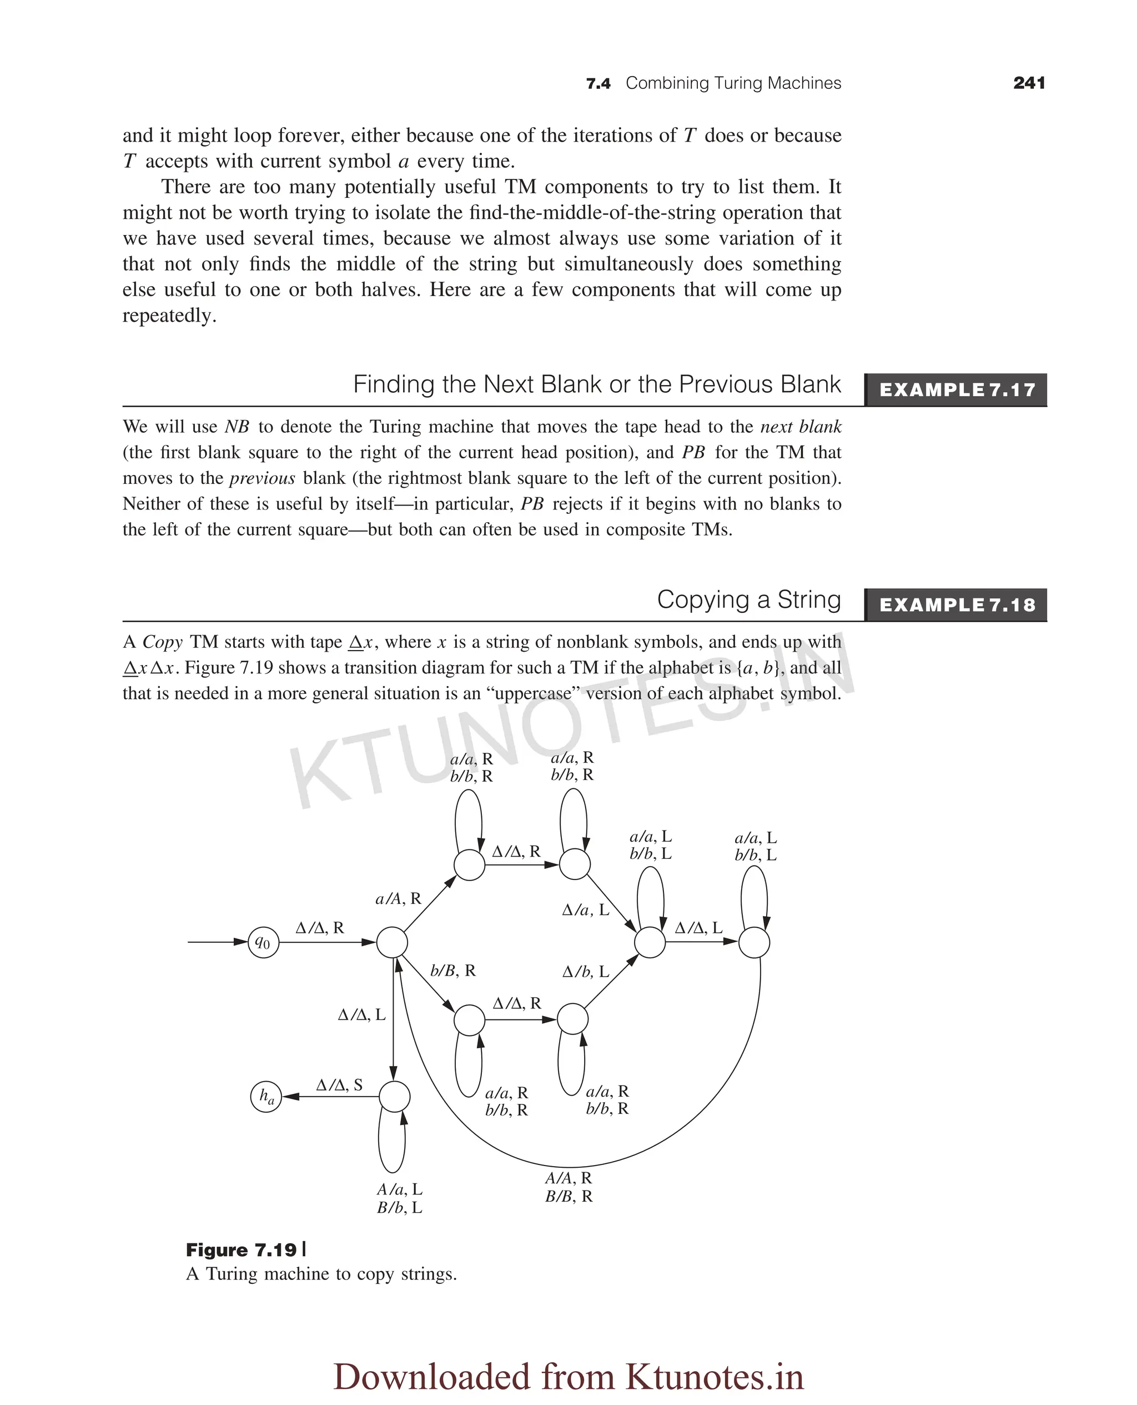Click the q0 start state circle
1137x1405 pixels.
(263, 943)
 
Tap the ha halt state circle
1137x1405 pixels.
(266, 1096)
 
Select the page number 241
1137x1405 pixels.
(1029, 83)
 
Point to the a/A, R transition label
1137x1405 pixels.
(398, 898)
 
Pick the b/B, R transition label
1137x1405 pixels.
(452, 971)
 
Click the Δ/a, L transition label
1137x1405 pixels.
(586, 909)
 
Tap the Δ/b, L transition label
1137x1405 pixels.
(586, 972)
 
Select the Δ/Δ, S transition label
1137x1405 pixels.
(339, 1085)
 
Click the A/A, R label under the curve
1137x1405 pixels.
(568, 1178)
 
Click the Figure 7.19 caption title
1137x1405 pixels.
(242, 1251)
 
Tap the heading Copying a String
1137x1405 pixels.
(748, 599)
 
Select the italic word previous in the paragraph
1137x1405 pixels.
(262, 478)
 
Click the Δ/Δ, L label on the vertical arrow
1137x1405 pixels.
(361, 1015)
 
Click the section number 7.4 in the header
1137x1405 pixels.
(598, 84)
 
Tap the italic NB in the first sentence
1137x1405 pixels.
(237, 427)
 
